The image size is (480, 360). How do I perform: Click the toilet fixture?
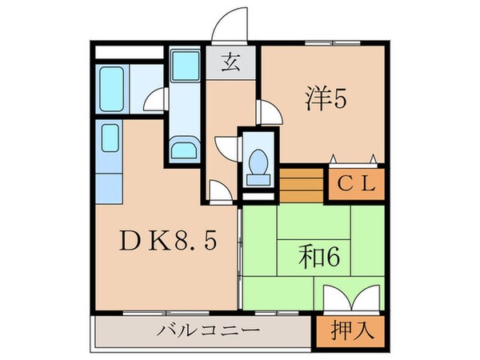pyautogui.click(x=257, y=162)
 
